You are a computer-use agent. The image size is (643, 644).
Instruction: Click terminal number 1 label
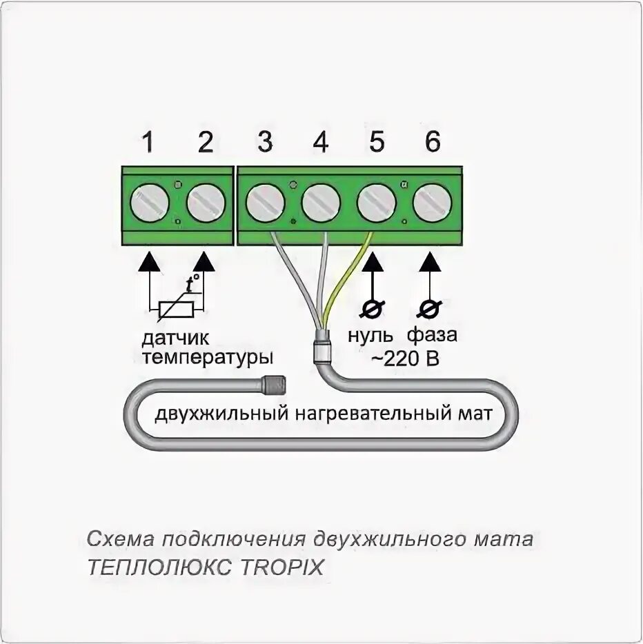[x=147, y=143]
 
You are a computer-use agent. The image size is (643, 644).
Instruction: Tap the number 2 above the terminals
[x=206, y=143]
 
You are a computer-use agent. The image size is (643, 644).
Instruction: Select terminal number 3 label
[x=265, y=143]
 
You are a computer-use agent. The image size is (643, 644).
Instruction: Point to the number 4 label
[x=321, y=143]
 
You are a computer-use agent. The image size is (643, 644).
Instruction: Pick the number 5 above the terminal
[x=377, y=143]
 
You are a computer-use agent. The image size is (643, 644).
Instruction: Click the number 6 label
[x=432, y=143]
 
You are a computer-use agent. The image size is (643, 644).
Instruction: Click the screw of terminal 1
[x=150, y=203]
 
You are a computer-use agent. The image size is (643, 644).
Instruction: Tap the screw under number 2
[x=206, y=203]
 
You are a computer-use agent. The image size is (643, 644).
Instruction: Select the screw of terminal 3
[x=265, y=203]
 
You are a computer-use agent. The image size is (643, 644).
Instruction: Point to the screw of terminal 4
[x=321, y=203]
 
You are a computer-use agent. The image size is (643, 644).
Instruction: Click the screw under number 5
[x=377, y=203]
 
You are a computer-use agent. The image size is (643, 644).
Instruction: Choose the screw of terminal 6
[x=432, y=203]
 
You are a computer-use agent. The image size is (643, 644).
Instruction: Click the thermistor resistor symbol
[x=176, y=310]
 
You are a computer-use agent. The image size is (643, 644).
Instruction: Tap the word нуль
[x=370, y=336]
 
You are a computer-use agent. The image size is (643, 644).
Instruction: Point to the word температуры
[x=208, y=359]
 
